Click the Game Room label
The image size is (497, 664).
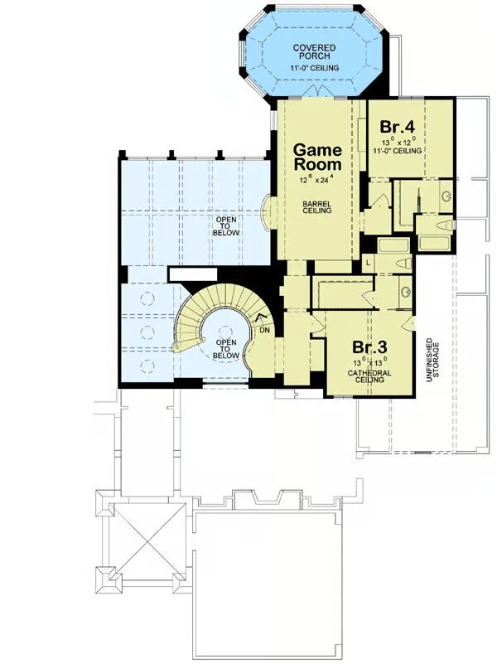pos(317,157)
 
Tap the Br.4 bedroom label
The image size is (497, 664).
pos(397,127)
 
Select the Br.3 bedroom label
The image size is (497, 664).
pos(369,347)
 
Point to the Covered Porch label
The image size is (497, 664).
pos(314,51)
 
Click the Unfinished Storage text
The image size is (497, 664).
pos(432,361)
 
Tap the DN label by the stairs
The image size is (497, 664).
pos(265,330)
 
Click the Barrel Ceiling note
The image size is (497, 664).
pos(316,206)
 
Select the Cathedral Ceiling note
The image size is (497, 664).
pos(369,376)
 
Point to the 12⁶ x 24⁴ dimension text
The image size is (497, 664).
pos(317,179)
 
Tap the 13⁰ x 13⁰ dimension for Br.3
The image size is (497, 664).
pos(369,362)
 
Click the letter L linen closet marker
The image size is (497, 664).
pos(368,263)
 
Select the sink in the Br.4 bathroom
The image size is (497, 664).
pos(446,196)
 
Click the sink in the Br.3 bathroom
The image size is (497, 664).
pos(406,291)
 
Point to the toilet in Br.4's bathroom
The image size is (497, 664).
pos(445,225)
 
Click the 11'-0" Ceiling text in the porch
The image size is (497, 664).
pos(314,68)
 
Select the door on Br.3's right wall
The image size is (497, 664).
pos(409,323)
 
